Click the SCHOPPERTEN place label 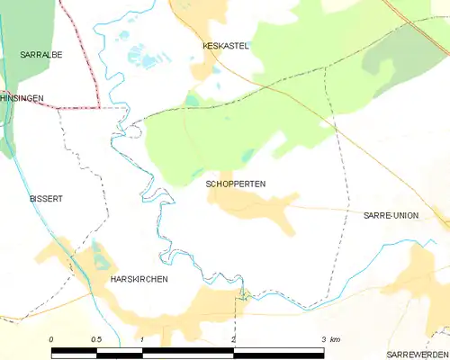point(235,184)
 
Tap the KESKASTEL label point(225,45)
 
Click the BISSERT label point(44,198)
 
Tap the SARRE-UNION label point(390,216)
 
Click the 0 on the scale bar point(51,339)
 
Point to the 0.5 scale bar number point(97,339)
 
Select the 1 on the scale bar point(142,339)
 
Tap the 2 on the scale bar point(233,339)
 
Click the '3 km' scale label point(330,339)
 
